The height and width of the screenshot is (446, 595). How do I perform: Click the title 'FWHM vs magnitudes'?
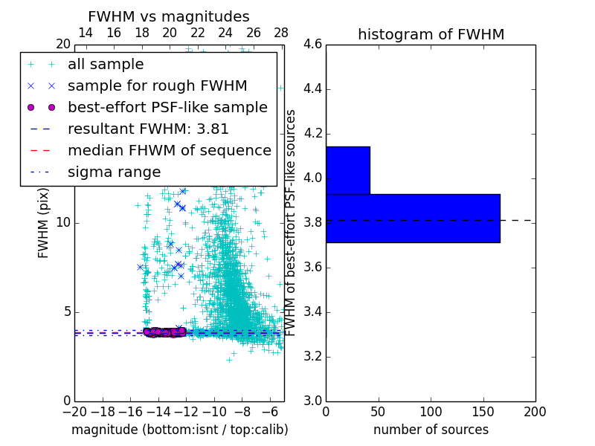168,16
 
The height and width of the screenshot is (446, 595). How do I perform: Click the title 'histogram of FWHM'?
431,34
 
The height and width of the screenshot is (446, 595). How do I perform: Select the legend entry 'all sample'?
106,65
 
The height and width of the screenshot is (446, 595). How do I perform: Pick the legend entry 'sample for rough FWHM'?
157,85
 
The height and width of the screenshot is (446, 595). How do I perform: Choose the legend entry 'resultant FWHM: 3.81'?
148,129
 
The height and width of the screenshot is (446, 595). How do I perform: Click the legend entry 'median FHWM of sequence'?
169,150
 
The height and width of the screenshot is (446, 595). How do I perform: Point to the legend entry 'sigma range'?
114,172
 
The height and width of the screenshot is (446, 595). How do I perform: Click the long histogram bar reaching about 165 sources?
413,218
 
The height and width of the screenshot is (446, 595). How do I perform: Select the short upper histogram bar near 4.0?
347,170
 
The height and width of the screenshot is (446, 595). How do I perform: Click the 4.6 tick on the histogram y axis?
313,45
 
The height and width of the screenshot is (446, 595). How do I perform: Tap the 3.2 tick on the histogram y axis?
313,357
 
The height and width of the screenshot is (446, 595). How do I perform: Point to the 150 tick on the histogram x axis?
483,412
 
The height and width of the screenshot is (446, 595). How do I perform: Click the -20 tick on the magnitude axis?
74,412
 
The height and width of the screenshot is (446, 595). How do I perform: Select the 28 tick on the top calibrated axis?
281,33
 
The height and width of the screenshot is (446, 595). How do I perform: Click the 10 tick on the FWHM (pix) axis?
63,223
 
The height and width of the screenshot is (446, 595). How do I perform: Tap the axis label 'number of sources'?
431,430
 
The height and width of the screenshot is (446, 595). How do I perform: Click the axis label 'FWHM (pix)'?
44,223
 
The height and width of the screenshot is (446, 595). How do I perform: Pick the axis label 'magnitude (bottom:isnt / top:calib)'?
179,430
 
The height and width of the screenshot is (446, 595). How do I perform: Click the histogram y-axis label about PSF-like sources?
292,222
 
